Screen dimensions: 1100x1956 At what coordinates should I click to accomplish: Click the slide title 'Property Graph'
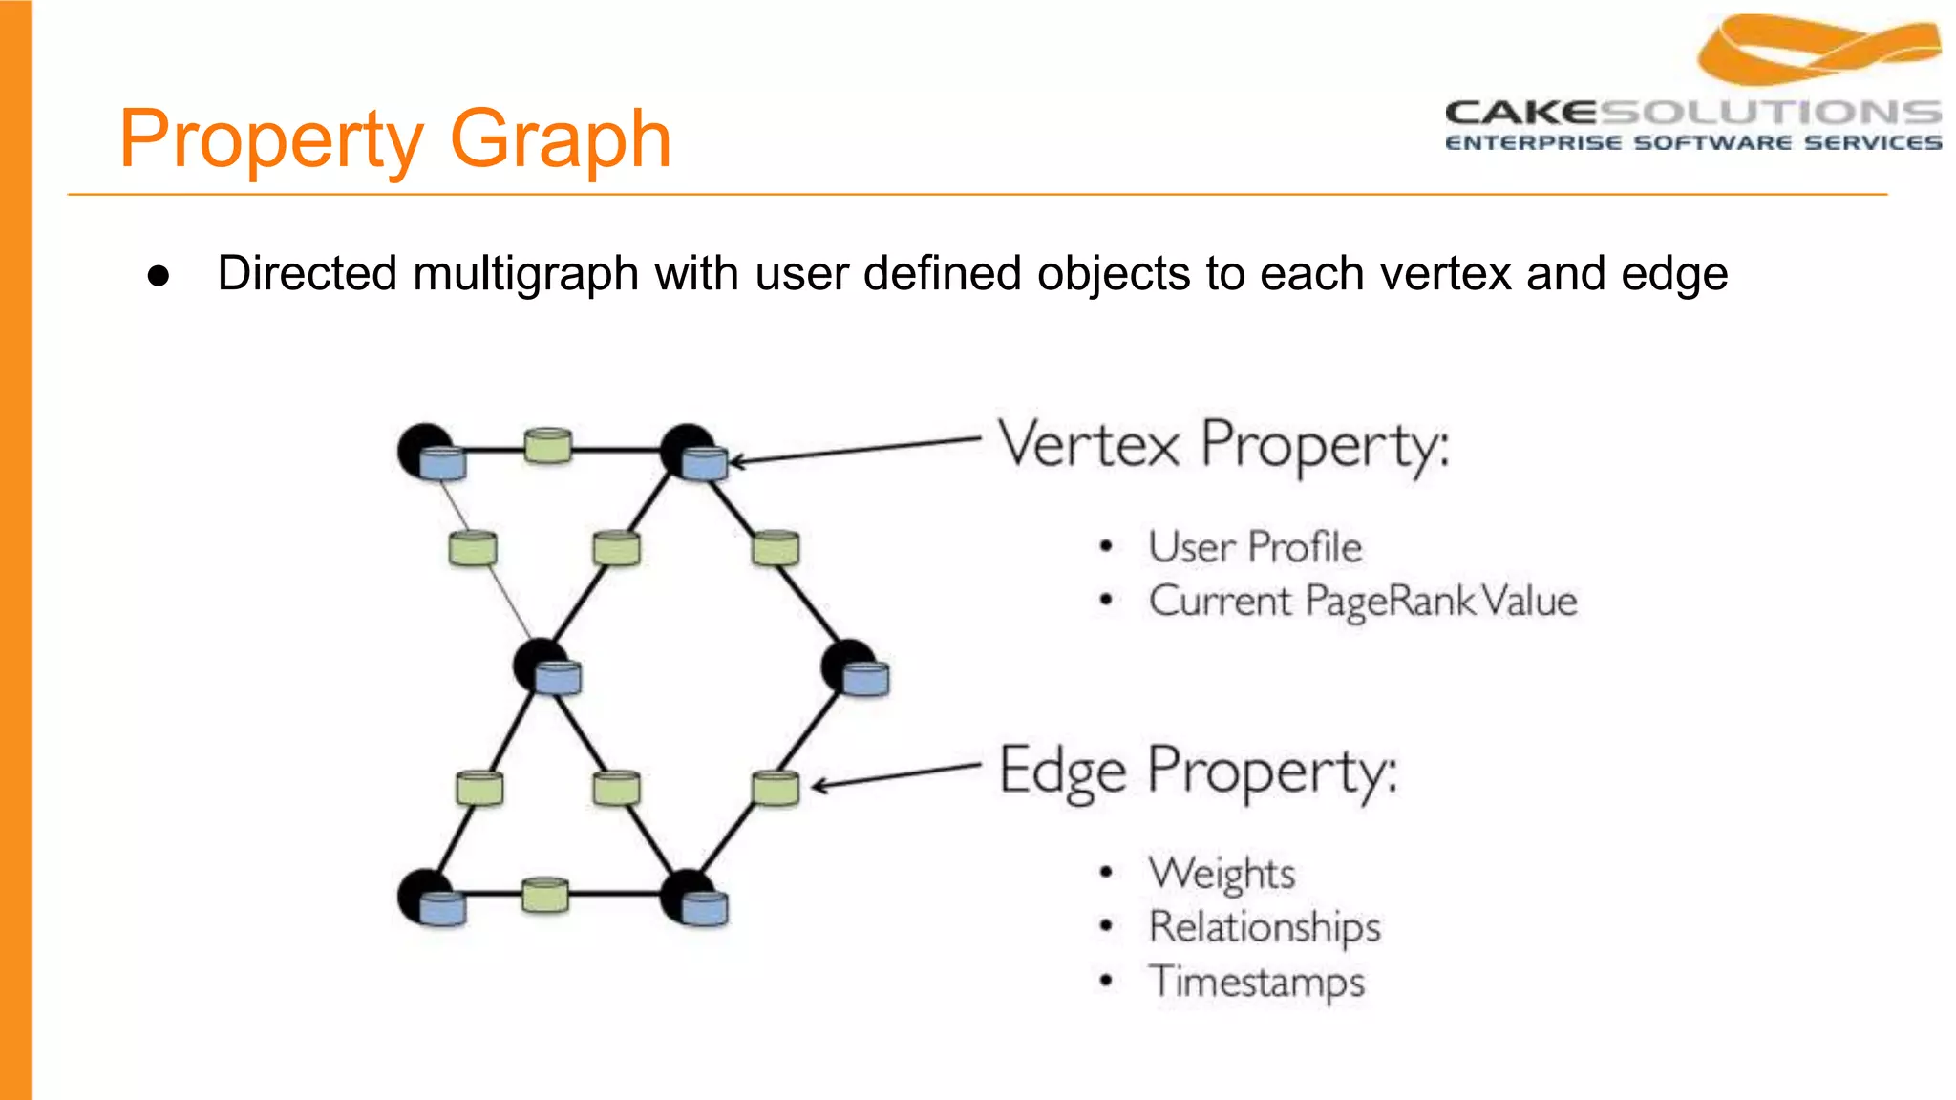394,139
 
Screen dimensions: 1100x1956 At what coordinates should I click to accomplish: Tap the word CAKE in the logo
1520,113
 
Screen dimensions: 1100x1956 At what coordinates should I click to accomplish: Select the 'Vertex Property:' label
1223,445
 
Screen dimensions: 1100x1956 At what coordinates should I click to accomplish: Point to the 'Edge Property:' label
1198,771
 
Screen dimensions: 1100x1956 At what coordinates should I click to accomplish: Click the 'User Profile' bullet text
1255,547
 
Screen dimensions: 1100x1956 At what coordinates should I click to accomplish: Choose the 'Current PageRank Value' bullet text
1363,602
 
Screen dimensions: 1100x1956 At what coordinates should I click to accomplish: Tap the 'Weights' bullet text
1222,873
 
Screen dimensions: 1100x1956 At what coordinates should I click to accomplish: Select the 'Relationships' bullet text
1265,927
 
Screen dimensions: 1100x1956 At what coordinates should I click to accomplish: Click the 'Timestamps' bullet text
1257,982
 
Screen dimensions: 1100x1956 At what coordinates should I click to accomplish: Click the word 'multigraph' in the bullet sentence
525,274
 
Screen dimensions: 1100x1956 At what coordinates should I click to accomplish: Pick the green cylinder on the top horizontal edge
548,445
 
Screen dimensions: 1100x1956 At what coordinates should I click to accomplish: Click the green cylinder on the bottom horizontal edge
545,895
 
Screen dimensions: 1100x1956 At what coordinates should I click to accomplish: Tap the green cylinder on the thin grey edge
473,548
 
